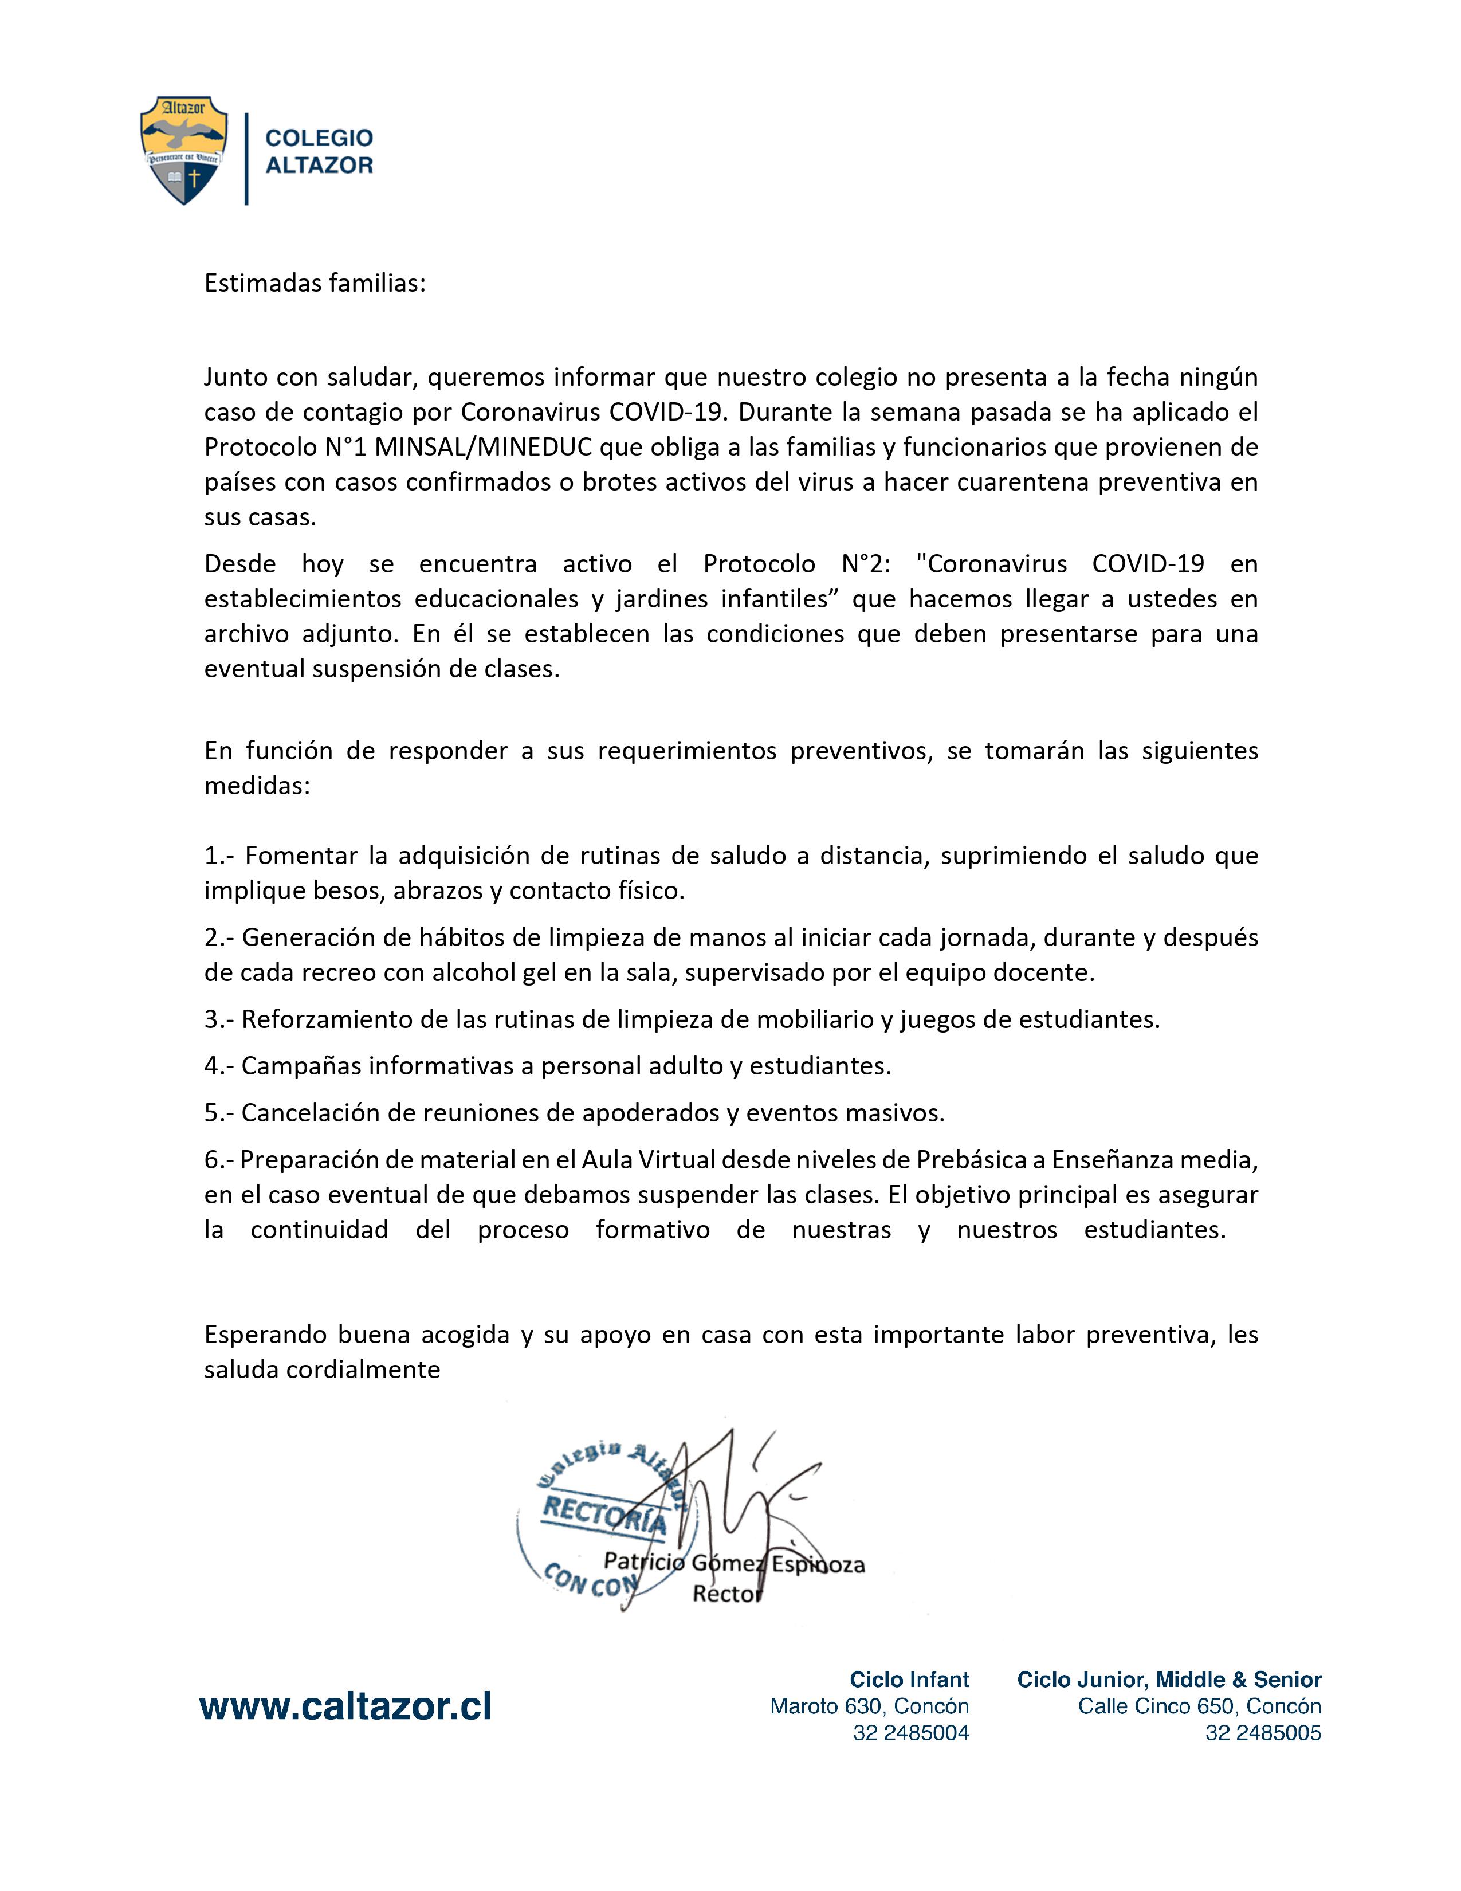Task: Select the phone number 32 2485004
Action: pos(910,1732)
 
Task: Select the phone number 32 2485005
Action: pos(1263,1732)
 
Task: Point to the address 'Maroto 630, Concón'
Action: pos(869,1706)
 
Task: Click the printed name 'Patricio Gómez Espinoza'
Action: pos(734,1563)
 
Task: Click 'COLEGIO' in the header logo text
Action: pos(319,138)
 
